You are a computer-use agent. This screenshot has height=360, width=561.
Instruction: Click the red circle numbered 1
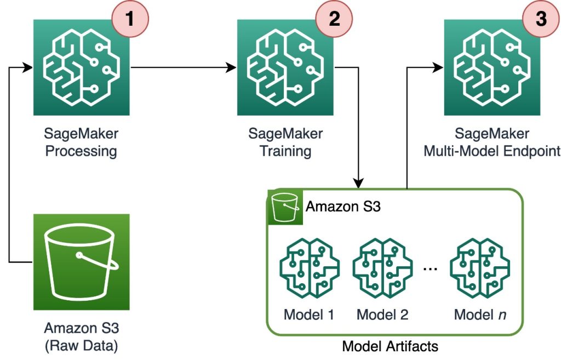click(130, 19)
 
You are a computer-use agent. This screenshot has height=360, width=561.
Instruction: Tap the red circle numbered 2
click(334, 19)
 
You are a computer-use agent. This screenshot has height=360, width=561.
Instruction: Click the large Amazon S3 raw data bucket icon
click(82, 262)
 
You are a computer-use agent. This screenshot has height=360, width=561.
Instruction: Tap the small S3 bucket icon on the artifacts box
click(284, 207)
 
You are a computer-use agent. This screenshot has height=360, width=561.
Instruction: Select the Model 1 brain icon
click(309, 268)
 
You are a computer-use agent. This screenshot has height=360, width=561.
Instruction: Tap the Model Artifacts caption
click(390, 346)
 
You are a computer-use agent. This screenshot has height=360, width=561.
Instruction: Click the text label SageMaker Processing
click(82, 142)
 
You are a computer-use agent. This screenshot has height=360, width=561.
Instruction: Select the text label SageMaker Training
click(285, 142)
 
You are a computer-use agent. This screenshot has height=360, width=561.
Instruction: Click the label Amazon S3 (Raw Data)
click(82, 338)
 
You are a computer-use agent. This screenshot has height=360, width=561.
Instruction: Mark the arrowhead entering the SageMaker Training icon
click(232, 68)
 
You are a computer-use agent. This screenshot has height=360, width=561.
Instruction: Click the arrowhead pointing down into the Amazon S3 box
click(359, 183)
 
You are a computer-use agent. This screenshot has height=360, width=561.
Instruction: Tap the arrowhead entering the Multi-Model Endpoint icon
click(438, 68)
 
